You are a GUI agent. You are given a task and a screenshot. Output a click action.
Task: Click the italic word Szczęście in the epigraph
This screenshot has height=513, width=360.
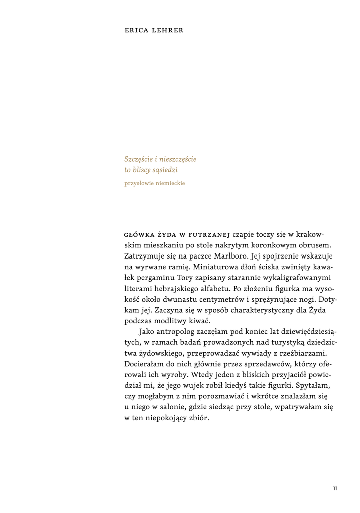140,159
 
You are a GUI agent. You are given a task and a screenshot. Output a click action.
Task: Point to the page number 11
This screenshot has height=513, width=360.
335,489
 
